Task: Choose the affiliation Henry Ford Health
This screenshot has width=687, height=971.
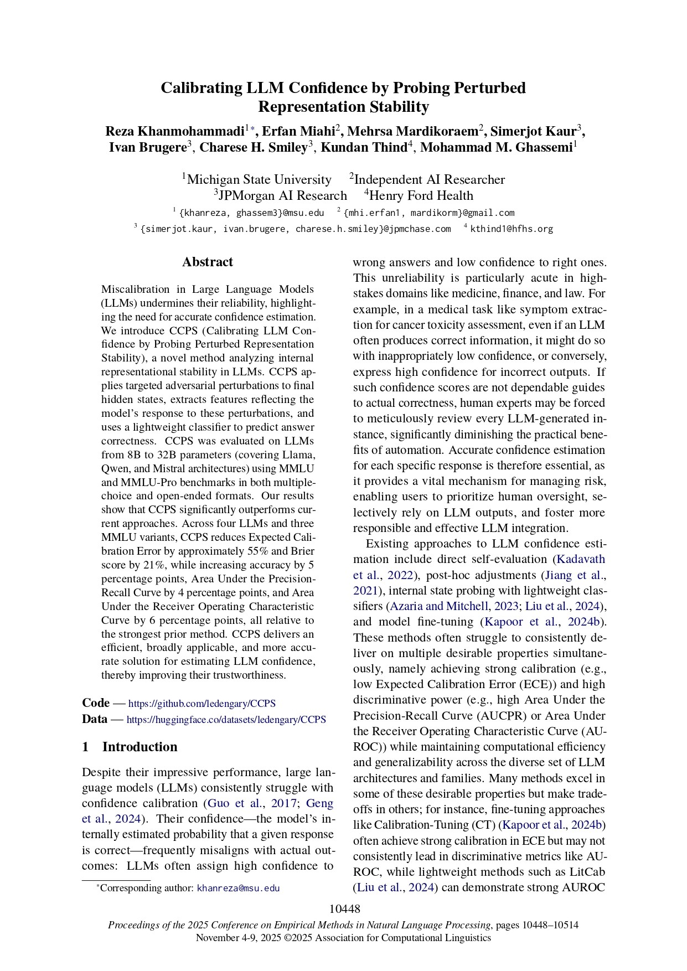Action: click(x=421, y=195)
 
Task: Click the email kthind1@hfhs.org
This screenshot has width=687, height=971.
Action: click(x=512, y=229)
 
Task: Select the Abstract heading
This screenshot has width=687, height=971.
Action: click(x=208, y=262)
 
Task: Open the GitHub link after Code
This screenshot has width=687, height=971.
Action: click(x=202, y=704)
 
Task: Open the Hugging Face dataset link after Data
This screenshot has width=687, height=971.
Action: click(x=226, y=720)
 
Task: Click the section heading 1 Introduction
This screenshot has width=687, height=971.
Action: click(x=130, y=747)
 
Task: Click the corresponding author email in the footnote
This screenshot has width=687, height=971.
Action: click(x=238, y=889)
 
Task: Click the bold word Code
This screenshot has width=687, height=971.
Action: click(x=96, y=703)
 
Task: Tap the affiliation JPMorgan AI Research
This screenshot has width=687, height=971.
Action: click(x=282, y=195)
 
